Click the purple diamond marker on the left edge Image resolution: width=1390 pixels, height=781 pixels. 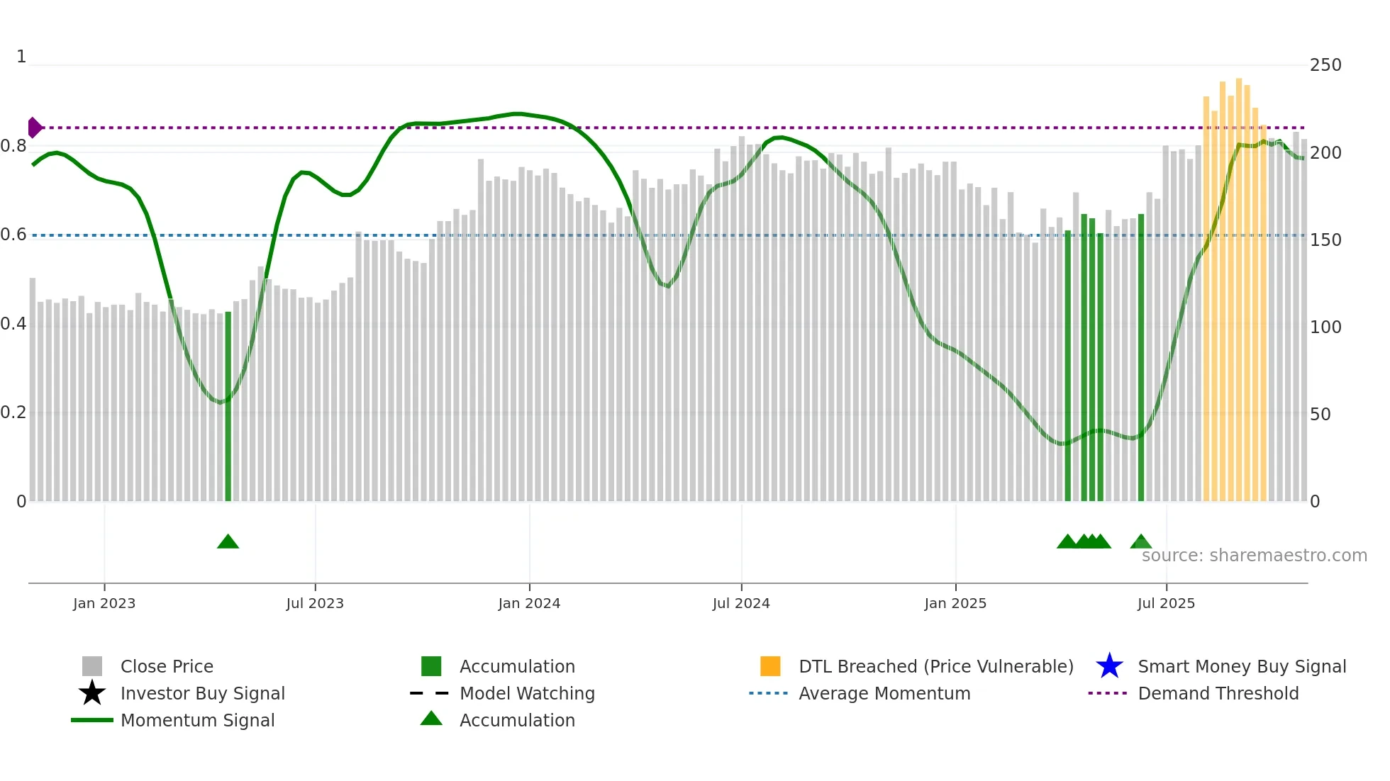[x=34, y=128]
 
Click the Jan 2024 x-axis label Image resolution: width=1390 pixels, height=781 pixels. [x=529, y=604]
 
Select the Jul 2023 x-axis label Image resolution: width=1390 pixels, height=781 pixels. [x=315, y=604]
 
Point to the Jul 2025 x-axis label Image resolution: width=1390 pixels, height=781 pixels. [x=1166, y=604]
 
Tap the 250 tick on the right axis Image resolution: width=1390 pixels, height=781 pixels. [x=1325, y=65]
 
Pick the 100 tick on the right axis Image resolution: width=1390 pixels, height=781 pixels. [x=1325, y=327]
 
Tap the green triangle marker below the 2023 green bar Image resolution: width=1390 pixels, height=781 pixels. [x=228, y=542]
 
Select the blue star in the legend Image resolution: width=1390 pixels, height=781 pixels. [x=1109, y=666]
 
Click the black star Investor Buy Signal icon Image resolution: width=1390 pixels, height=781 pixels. [x=92, y=693]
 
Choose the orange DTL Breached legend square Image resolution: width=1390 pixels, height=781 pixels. [x=770, y=666]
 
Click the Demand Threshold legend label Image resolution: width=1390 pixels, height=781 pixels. [x=1218, y=693]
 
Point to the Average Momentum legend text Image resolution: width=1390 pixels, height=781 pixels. [x=884, y=693]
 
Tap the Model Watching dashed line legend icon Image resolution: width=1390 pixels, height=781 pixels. [x=430, y=693]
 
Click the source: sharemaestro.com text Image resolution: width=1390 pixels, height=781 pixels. [x=1254, y=556]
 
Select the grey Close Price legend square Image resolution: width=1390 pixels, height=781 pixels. [x=92, y=666]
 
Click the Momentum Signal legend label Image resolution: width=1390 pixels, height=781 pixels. [x=197, y=720]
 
